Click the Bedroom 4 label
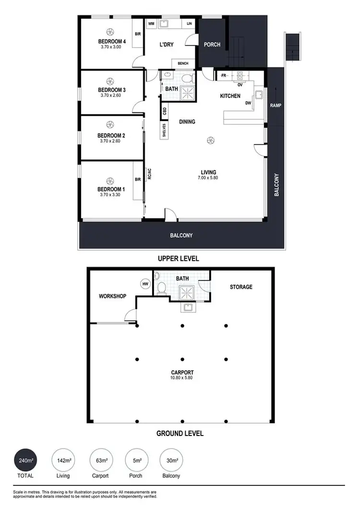(x=112, y=42)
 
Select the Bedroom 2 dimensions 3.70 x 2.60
(x=112, y=141)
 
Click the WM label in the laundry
(x=151, y=24)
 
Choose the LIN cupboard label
(x=189, y=24)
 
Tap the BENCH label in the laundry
(x=183, y=63)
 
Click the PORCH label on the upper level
(x=212, y=45)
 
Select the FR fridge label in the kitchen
(x=223, y=75)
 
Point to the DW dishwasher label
(x=248, y=103)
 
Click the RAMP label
(x=275, y=105)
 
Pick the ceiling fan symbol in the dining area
(x=210, y=140)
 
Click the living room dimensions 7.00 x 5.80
(x=209, y=178)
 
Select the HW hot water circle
(x=145, y=284)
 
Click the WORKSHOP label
(x=112, y=296)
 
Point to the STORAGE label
(x=241, y=287)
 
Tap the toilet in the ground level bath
(x=162, y=287)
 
